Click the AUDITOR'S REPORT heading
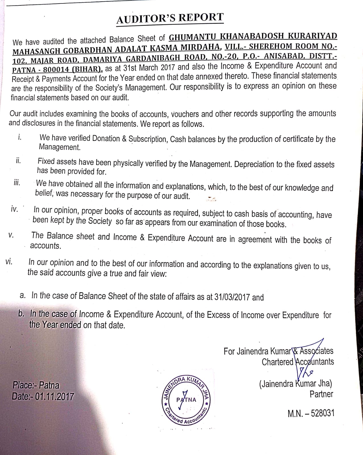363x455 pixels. click(x=170, y=18)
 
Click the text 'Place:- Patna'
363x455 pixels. click(x=36, y=385)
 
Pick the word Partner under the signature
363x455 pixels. click(x=321, y=394)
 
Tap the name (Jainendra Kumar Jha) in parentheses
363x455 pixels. click(x=296, y=384)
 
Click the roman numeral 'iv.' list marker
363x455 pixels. click(x=14, y=210)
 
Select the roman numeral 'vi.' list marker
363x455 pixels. click(x=9, y=262)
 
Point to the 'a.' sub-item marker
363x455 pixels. click(x=23, y=295)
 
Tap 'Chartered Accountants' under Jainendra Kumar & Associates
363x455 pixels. click(x=298, y=362)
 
